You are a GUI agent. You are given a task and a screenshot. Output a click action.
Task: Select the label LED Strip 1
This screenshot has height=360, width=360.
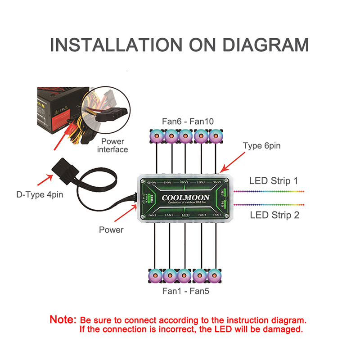tap(274, 181)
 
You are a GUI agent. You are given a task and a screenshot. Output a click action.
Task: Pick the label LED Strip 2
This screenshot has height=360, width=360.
tap(274, 215)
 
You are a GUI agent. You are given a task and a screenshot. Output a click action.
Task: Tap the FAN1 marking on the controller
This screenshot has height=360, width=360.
tap(153, 216)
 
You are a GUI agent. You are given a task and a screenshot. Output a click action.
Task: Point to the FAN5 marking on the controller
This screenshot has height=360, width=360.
tap(217, 216)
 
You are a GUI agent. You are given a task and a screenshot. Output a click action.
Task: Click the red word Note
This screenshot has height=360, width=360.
tap(63, 320)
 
